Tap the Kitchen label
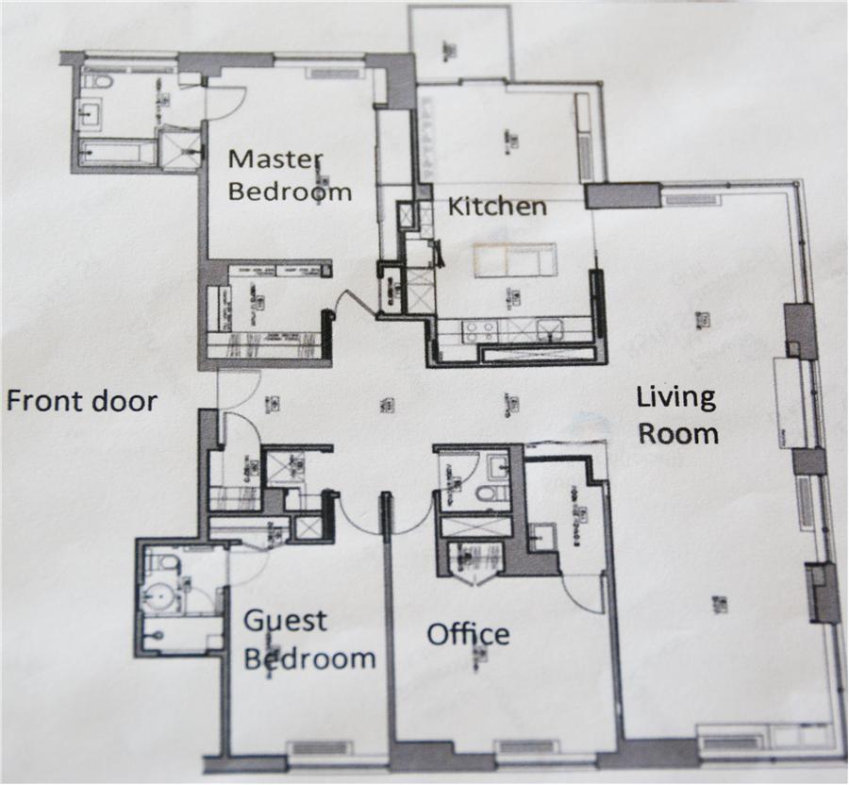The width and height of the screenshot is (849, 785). (496, 207)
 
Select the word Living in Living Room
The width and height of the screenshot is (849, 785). (676, 397)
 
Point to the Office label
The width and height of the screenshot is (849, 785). (468, 633)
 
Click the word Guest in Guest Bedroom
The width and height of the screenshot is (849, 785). (286, 621)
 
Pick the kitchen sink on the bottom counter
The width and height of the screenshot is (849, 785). (549, 330)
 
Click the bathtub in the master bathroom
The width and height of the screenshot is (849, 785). (117, 152)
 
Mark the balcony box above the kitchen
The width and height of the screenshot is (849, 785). (459, 43)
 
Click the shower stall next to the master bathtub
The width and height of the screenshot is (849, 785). (179, 147)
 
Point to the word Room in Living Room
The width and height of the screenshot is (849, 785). (679, 433)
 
